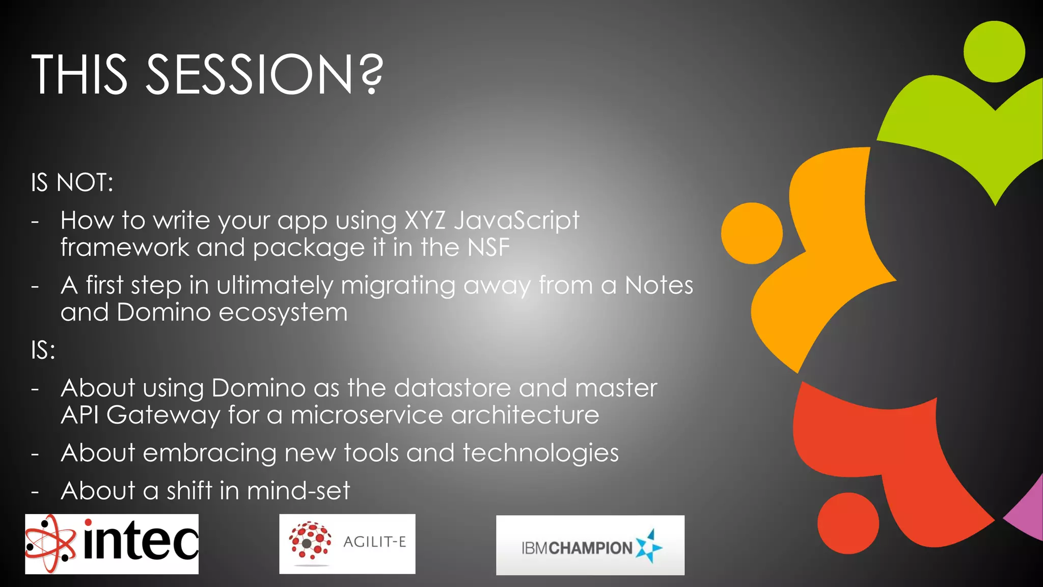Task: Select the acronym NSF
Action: click(x=488, y=248)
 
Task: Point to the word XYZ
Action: click(x=425, y=221)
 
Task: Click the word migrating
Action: click(x=398, y=286)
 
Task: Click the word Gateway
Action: click(x=163, y=415)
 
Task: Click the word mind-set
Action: click(x=298, y=491)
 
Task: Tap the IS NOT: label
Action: click(x=72, y=182)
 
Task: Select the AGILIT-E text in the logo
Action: click(x=375, y=542)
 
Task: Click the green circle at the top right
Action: click(x=994, y=52)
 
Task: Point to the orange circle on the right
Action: click(x=752, y=233)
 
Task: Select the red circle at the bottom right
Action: click(x=848, y=523)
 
